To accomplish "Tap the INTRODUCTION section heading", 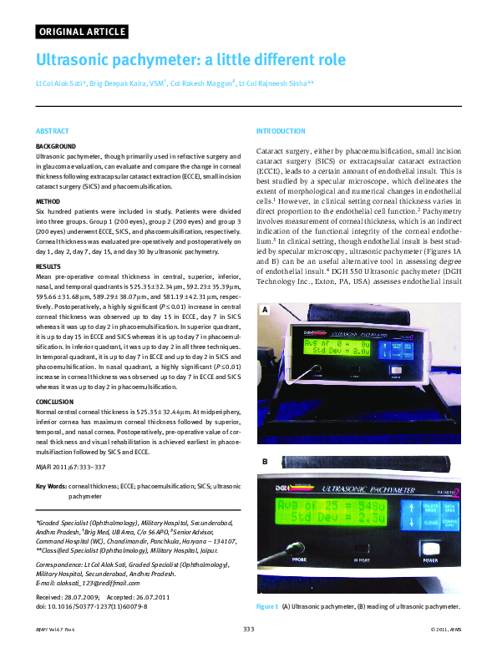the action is [281, 132].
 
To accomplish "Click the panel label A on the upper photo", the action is [265, 286].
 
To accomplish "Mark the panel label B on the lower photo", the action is [265, 462].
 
